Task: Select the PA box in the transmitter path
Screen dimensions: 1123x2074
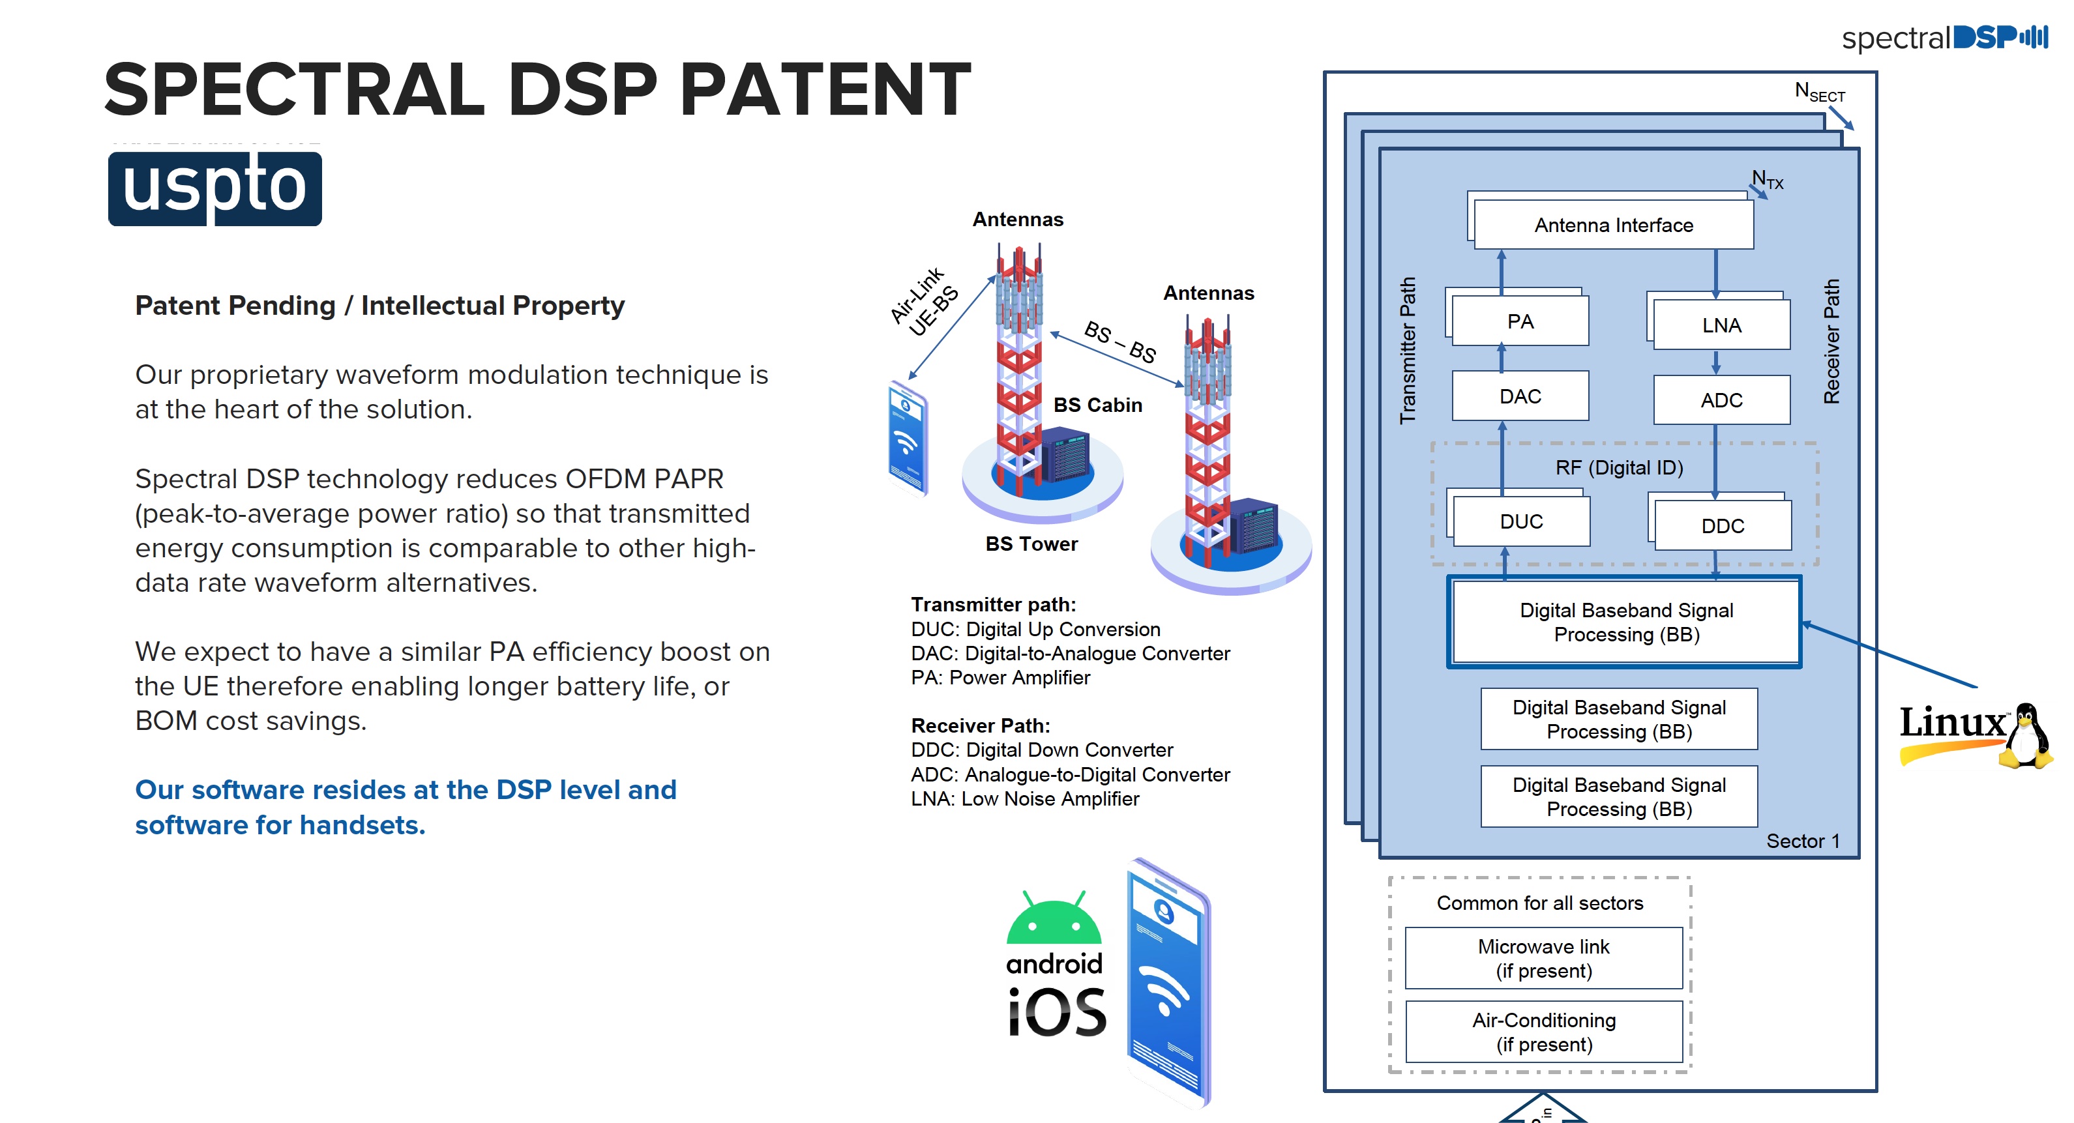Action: (x=1520, y=321)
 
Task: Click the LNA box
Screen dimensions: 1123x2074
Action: (x=1721, y=325)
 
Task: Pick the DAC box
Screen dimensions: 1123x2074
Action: (x=1520, y=396)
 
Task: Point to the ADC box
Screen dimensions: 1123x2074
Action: (x=1721, y=400)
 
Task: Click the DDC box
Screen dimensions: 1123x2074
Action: (x=1722, y=526)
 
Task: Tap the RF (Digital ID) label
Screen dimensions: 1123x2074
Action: (x=1618, y=468)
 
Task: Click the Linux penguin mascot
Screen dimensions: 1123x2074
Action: (x=2028, y=737)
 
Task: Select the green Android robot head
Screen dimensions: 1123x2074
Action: (x=1054, y=920)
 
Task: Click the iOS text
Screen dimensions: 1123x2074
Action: (x=1057, y=1012)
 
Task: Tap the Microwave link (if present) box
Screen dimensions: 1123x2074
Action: (x=1543, y=958)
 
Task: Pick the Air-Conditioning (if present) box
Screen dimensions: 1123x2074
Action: (x=1543, y=1032)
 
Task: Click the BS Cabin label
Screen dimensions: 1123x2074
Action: (x=1097, y=405)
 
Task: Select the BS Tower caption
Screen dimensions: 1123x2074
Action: (x=1031, y=544)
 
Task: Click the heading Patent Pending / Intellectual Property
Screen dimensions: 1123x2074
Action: (x=379, y=306)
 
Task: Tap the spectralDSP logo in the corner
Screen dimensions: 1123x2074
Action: (x=1944, y=37)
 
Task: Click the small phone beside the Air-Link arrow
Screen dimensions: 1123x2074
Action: (x=908, y=439)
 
